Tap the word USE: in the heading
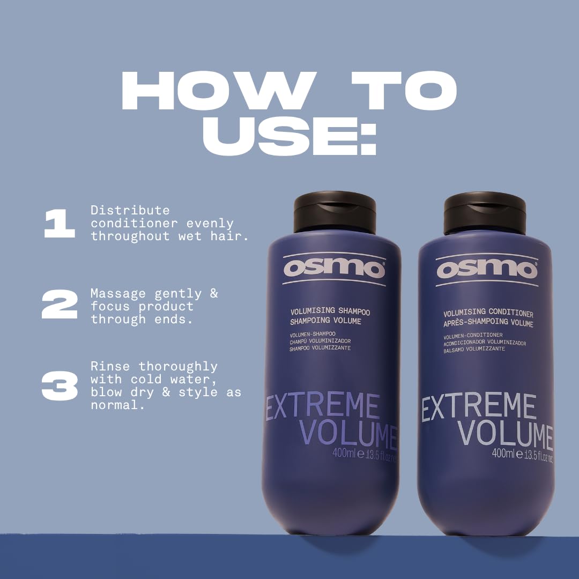(x=289, y=137)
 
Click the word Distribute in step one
(x=130, y=210)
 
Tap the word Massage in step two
(x=118, y=294)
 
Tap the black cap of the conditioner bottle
(x=485, y=213)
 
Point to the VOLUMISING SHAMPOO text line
(x=330, y=311)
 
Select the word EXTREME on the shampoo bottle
(x=323, y=407)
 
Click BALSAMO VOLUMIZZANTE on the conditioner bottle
(x=474, y=349)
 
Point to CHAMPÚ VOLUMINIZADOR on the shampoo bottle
(x=321, y=341)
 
